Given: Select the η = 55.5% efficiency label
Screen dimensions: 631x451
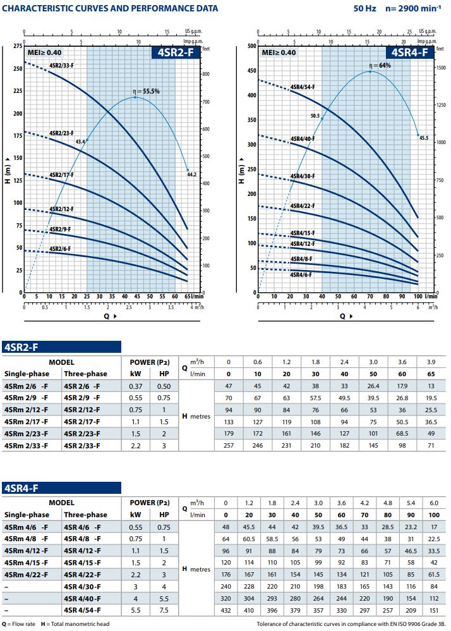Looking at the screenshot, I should [146, 91].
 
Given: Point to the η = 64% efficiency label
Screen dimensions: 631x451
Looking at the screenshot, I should [380, 65].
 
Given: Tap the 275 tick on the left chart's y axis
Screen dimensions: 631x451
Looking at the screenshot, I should [16, 46].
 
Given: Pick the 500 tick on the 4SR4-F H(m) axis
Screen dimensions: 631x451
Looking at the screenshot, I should [251, 46].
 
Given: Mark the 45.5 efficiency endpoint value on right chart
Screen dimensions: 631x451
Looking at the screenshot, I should [424, 137].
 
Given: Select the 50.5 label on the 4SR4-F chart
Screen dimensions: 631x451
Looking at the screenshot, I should [315, 116].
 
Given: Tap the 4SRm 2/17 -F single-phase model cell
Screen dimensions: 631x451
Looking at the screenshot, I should [27, 422].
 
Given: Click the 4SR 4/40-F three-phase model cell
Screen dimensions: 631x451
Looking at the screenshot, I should [83, 597].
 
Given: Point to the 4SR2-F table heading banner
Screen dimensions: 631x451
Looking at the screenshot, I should [61, 346].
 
